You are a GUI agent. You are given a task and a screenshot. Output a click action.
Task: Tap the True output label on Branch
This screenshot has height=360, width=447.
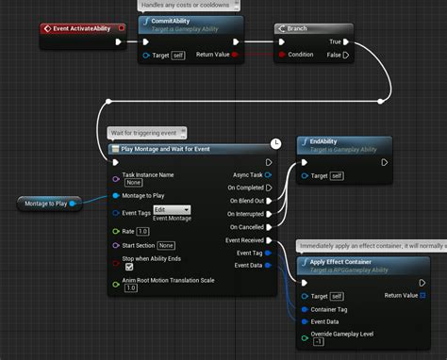(x=335, y=42)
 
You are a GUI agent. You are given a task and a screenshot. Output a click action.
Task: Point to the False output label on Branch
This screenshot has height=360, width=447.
(x=334, y=55)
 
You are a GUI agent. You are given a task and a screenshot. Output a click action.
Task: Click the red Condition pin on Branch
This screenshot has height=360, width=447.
(x=281, y=55)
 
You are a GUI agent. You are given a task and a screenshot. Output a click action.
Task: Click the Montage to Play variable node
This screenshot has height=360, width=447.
(x=46, y=202)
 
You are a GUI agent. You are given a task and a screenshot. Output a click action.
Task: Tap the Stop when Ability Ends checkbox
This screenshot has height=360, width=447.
(x=129, y=266)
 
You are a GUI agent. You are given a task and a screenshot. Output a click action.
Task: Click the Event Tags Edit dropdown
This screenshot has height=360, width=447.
(x=173, y=209)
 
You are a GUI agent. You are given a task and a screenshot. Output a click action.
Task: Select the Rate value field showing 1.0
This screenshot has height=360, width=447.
(x=142, y=231)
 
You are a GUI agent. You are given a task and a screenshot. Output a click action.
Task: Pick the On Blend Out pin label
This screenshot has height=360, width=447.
(x=244, y=201)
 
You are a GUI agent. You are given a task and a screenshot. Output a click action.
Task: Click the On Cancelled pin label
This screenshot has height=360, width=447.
(x=244, y=227)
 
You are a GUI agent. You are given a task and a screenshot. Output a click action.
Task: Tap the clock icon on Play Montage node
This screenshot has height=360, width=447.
(x=276, y=142)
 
